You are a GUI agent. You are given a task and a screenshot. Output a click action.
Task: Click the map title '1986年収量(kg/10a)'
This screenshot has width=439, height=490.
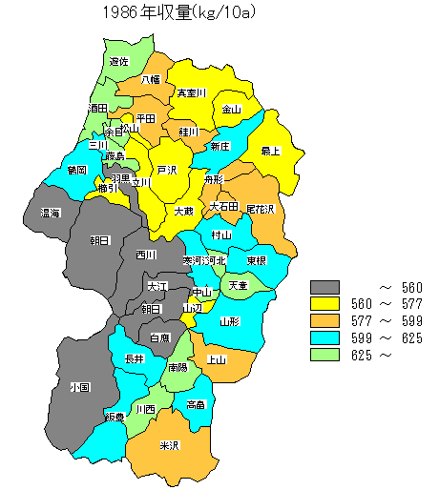point(182,13)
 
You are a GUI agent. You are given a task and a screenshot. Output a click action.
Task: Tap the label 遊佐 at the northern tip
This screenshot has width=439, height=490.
point(119,61)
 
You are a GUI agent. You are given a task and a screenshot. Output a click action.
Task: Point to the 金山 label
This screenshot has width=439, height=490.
point(232,110)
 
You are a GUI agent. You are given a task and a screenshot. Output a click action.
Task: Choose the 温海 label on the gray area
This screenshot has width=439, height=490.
point(51,213)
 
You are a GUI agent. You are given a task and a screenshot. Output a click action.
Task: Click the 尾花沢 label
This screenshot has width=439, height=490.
point(260,208)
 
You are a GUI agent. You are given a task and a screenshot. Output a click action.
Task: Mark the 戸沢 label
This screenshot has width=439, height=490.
point(167,170)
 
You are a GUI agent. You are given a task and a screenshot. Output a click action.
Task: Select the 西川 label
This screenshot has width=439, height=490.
point(146,255)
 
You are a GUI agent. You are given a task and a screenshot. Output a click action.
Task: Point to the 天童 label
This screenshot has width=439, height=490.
point(237,285)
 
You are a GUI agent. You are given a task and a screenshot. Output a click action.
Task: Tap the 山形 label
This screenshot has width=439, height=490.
point(229,322)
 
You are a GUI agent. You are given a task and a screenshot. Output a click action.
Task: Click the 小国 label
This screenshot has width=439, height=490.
point(79,387)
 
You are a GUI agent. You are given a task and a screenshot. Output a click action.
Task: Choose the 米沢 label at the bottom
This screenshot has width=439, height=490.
point(170,445)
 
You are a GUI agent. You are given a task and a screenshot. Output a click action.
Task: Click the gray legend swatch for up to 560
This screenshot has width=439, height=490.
point(325,287)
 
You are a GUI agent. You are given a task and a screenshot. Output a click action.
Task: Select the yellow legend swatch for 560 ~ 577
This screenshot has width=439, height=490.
point(325,304)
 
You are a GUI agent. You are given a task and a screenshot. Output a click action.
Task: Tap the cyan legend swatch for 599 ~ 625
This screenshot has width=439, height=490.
point(325,338)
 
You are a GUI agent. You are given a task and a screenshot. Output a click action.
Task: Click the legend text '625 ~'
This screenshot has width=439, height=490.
point(372,356)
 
